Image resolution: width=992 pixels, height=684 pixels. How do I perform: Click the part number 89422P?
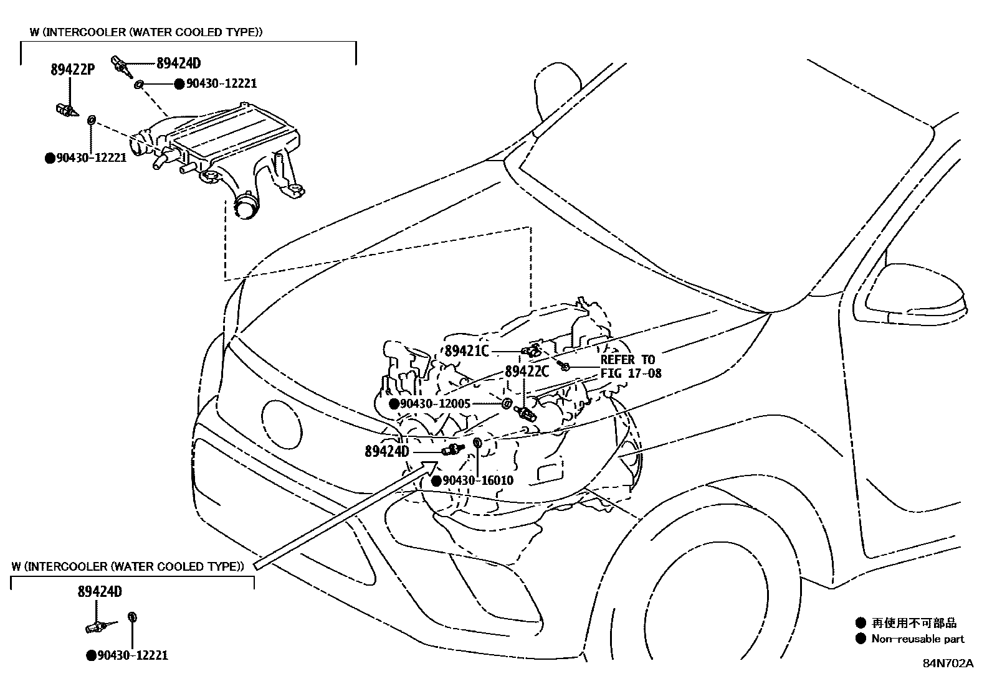pos(72,70)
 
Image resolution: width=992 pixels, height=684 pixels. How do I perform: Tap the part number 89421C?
pos(467,351)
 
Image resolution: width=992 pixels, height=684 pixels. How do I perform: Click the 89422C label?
pos(527,372)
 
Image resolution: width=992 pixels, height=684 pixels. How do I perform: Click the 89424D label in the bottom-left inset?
pos(100,592)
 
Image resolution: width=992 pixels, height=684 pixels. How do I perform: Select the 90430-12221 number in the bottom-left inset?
pos(133,655)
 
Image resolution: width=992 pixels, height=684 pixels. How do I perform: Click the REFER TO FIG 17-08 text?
pos(630,367)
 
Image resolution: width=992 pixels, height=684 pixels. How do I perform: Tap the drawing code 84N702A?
pos(948,663)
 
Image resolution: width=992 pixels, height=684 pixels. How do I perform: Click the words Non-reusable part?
pos(918,639)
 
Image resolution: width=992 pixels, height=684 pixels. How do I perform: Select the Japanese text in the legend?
pos(914,623)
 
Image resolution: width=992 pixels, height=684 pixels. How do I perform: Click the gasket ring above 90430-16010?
pos(477,443)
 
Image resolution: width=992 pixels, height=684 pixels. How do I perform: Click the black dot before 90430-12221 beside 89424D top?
pos(179,83)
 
